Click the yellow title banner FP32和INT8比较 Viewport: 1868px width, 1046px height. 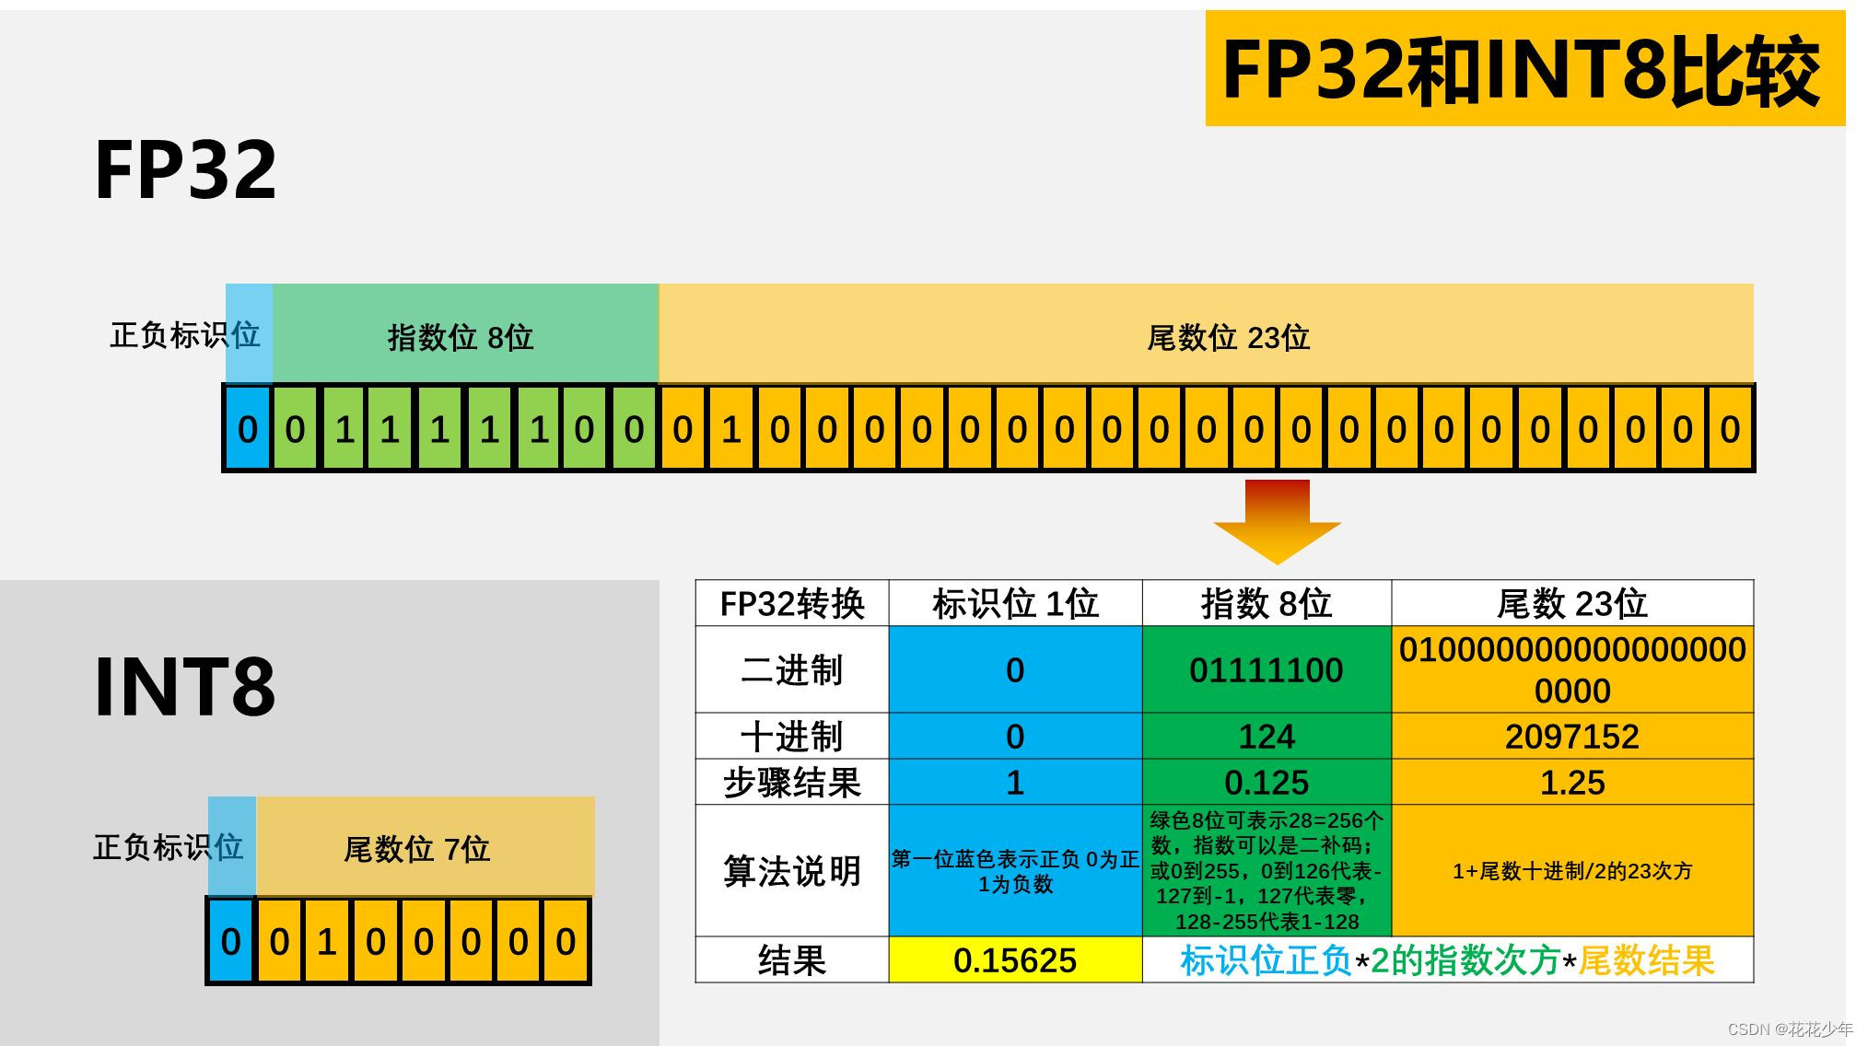(x=1524, y=69)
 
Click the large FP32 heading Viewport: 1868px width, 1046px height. (x=185, y=169)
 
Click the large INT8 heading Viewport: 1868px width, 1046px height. (x=185, y=686)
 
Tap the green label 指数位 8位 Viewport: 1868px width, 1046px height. (x=461, y=337)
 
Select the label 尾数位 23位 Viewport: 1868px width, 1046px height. (x=1228, y=337)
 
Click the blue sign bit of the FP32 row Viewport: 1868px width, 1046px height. (x=247, y=429)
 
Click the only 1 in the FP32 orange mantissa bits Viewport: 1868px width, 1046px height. (x=731, y=429)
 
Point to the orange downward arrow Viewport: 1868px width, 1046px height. (x=1277, y=520)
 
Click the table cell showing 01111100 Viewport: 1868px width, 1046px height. (x=1266, y=669)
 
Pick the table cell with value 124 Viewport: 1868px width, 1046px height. (x=1266, y=736)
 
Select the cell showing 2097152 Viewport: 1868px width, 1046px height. (x=1571, y=736)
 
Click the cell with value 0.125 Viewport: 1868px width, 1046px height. (x=1266, y=782)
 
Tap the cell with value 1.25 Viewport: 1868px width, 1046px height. (x=1571, y=782)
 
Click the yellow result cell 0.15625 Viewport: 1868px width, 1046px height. (x=1014, y=960)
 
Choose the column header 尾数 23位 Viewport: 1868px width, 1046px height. (x=1571, y=603)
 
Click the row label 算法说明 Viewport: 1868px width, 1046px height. (x=791, y=870)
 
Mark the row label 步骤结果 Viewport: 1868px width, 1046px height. (x=791, y=782)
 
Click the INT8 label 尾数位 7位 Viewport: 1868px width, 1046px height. (x=416, y=848)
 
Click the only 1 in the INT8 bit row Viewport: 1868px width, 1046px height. (x=327, y=941)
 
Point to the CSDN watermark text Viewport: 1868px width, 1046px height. (x=1790, y=1029)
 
